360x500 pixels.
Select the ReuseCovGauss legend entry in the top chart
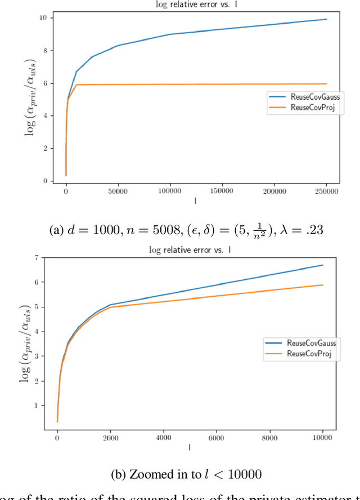pyautogui.click(x=315, y=97)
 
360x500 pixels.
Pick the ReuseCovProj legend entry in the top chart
pyautogui.click(x=313, y=107)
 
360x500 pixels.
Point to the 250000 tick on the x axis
pyautogui.click(x=326, y=191)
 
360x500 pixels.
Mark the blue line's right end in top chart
pyautogui.click(x=326, y=19)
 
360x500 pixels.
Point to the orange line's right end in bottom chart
pyautogui.click(x=322, y=285)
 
